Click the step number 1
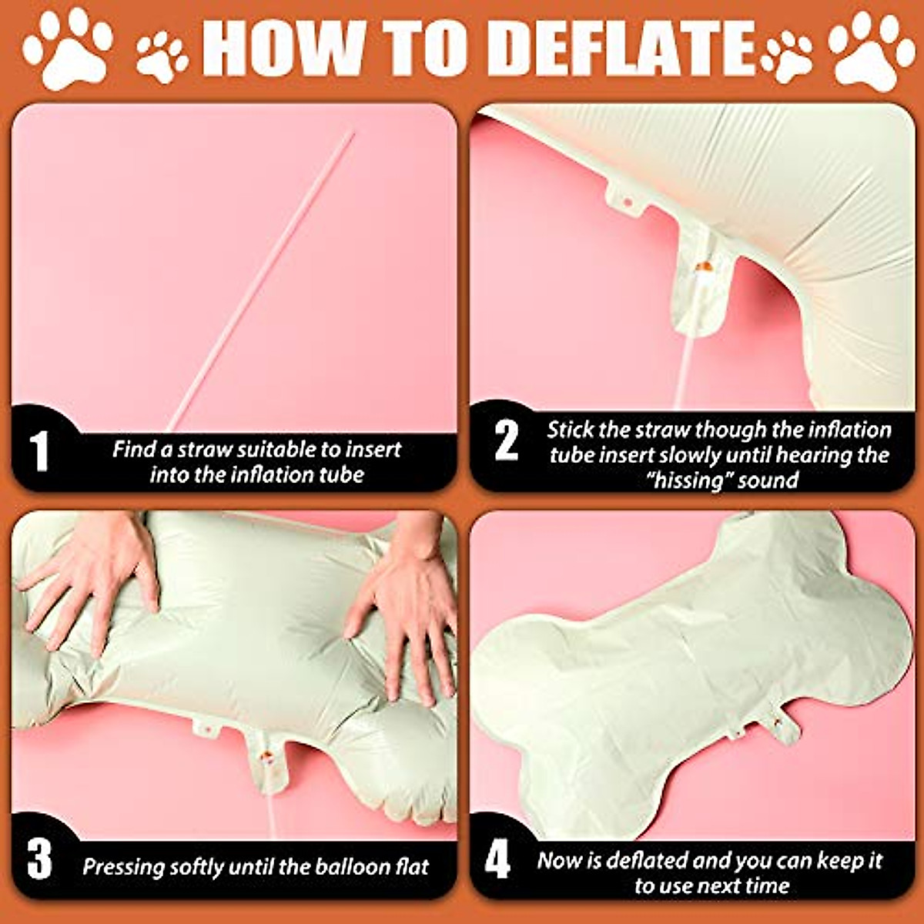tap(39, 451)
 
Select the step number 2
tap(506, 440)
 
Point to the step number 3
tap(39, 859)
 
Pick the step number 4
tap(497, 859)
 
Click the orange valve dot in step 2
tap(702, 266)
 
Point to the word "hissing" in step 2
tap(688, 480)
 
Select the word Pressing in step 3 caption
tap(123, 867)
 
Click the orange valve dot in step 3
tap(266, 757)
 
